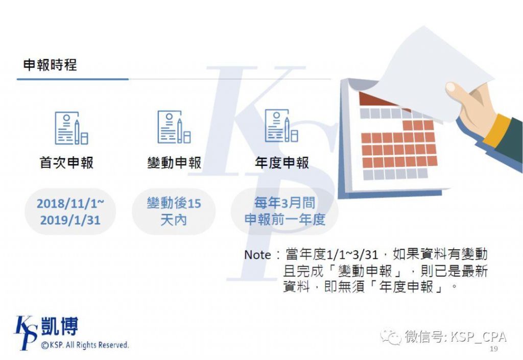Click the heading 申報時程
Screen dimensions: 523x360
pyautogui.click(x=50, y=65)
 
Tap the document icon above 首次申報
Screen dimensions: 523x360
pyautogui.click(x=72, y=128)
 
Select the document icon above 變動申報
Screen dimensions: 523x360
pyautogui.click(x=174, y=127)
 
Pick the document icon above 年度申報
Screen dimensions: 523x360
pyautogui.click(x=281, y=126)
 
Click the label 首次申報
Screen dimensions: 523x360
pyautogui.click(x=67, y=163)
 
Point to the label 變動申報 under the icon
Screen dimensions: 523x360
pyautogui.click(x=175, y=163)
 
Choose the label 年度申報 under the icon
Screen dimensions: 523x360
pyautogui.click(x=282, y=163)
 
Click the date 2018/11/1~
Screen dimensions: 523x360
pyautogui.click(x=70, y=203)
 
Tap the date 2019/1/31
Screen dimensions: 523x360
pyautogui.click(x=70, y=220)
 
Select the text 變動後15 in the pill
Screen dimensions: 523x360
pyautogui.click(x=174, y=203)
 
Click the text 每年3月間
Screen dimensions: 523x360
pyautogui.click(x=284, y=203)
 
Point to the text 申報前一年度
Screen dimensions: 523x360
pyautogui.click(x=285, y=220)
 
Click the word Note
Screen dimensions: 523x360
pyautogui.click(x=257, y=255)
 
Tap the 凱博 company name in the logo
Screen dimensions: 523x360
pyautogui.click(x=59, y=326)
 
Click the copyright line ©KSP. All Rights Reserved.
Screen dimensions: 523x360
pyautogui.click(x=85, y=345)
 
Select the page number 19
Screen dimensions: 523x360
pyautogui.click(x=494, y=349)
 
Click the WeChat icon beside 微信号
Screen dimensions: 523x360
pyautogui.click(x=391, y=337)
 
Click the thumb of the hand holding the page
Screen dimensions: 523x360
pyautogui.click(x=458, y=92)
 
